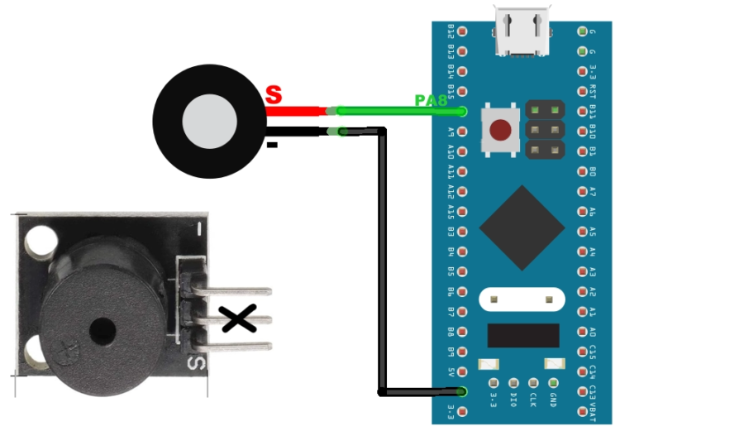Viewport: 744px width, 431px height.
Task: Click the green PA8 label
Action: click(431, 100)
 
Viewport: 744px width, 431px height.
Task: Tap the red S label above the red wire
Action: click(274, 94)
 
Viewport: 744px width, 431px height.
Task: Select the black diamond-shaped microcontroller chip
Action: click(522, 227)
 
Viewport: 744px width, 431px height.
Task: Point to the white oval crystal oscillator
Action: click(521, 298)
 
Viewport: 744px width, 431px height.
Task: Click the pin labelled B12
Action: click(461, 31)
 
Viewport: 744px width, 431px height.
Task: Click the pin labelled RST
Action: click(582, 91)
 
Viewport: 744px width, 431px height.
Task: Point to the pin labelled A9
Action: click(461, 132)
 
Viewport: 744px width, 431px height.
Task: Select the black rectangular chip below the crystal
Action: click(521, 335)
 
